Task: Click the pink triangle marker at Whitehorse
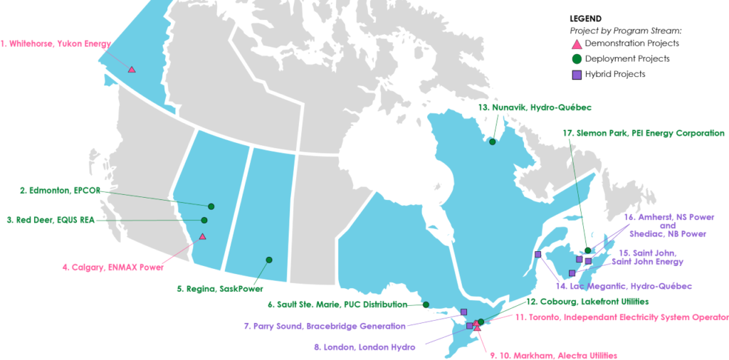pyautogui.click(x=132, y=69)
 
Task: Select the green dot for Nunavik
pyautogui.click(x=492, y=142)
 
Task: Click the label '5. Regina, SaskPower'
pyautogui.click(x=220, y=289)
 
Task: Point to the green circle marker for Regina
pyautogui.click(x=269, y=260)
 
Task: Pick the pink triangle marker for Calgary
pyautogui.click(x=202, y=236)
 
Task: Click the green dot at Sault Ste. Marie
pyautogui.click(x=426, y=305)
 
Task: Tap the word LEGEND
pyautogui.click(x=586, y=18)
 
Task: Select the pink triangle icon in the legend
pyautogui.click(x=577, y=43)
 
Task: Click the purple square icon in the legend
pyautogui.click(x=577, y=74)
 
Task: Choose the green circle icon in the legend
pyautogui.click(x=577, y=59)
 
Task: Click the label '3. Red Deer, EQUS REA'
pyautogui.click(x=51, y=220)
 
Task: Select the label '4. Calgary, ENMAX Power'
pyautogui.click(x=112, y=268)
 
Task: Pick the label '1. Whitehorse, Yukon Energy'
pyautogui.click(x=56, y=43)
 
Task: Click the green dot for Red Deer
pyautogui.click(x=204, y=221)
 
